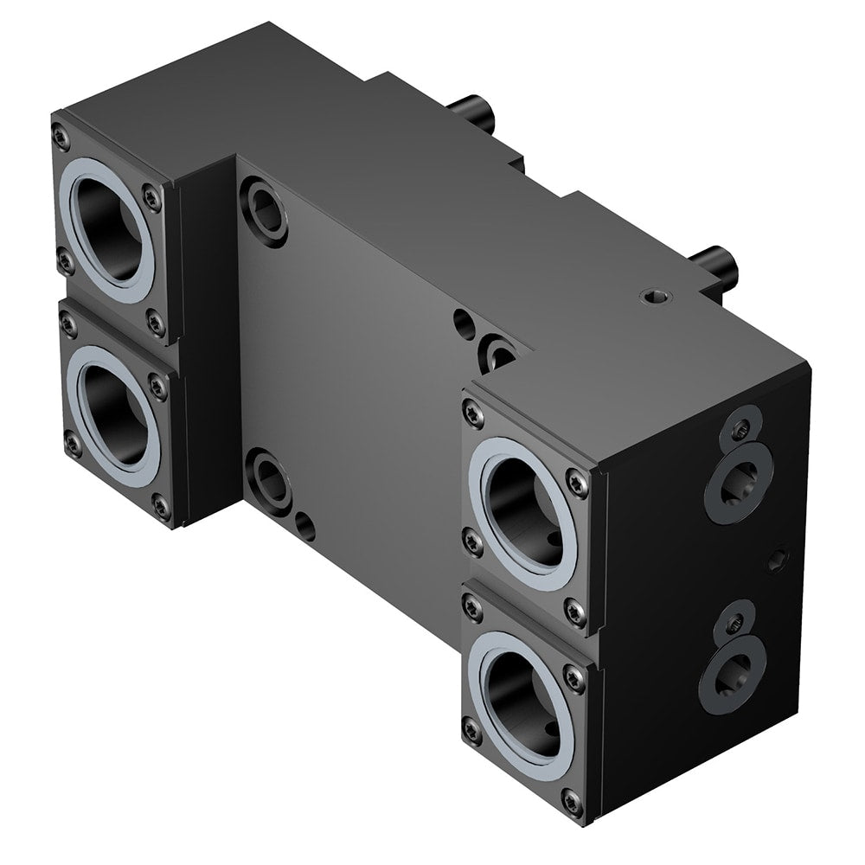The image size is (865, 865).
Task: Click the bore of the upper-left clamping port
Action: pyautogui.click(x=111, y=226)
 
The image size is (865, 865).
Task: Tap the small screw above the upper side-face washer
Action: pyautogui.click(x=740, y=427)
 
